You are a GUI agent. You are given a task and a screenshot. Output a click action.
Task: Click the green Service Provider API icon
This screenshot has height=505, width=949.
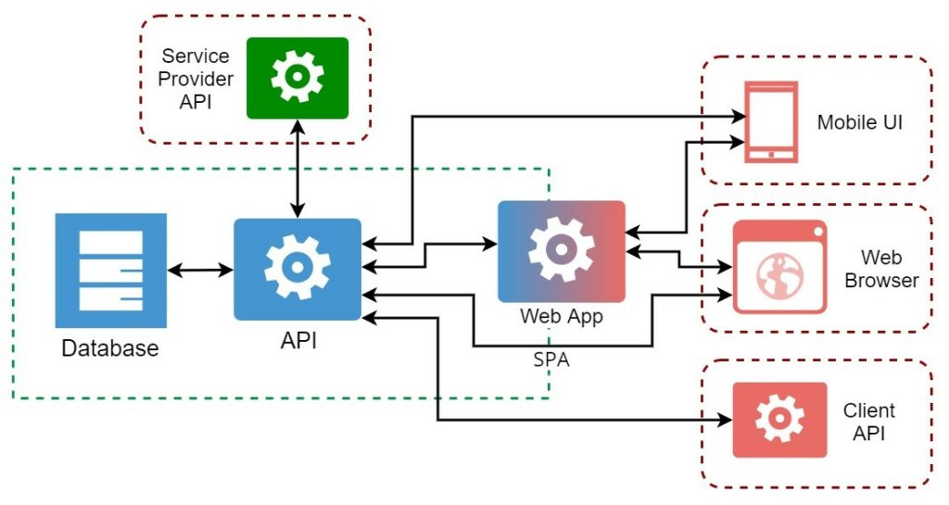coord(297,78)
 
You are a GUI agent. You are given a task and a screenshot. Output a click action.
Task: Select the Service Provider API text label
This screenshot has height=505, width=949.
coord(195,79)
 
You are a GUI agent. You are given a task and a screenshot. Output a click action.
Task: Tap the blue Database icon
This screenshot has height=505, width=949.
coord(110,271)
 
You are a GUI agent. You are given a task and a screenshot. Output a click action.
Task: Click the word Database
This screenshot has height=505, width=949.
coord(110,348)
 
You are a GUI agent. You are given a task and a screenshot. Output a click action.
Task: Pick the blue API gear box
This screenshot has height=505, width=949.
coord(297,269)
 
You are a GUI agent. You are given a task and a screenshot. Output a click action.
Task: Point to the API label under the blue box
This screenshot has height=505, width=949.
coord(298,341)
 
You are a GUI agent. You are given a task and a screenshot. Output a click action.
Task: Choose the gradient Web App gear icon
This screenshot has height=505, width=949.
coord(562,250)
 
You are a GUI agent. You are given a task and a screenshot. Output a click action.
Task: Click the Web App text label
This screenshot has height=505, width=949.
coord(562,316)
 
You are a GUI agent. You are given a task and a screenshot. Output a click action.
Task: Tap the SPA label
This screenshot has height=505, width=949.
coord(551,360)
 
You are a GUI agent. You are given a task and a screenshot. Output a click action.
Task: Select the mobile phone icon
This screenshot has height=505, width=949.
coord(770,121)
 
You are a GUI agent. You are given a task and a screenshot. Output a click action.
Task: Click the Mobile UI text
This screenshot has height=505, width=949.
coord(859,122)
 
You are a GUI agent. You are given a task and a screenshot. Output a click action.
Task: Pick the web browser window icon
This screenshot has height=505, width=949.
coord(779,267)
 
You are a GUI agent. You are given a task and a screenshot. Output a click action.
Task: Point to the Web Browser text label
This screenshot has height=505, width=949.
coord(881,269)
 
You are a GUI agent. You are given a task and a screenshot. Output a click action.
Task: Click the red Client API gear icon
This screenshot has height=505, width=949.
coord(779,420)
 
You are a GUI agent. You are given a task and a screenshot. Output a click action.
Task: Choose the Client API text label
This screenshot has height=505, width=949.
coord(868,421)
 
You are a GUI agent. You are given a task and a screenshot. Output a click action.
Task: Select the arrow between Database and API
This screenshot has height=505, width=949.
coord(199,271)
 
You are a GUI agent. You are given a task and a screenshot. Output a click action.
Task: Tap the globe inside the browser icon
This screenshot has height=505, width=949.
coord(778,275)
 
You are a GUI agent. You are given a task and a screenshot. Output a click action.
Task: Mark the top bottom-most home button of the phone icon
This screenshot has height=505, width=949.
coord(770,155)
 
